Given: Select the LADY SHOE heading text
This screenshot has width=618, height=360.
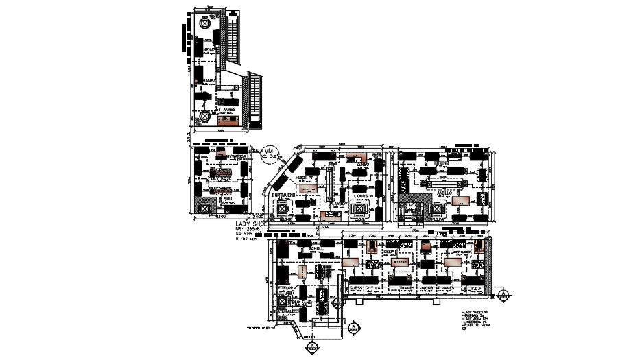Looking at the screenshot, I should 250,225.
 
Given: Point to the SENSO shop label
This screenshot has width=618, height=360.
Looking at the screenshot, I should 362,165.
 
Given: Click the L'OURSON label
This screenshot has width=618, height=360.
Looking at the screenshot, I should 361,196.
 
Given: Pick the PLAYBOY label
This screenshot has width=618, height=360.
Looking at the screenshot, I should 339,204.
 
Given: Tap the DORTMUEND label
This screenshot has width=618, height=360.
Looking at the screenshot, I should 283,195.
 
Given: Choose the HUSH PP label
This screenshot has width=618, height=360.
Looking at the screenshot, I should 305,178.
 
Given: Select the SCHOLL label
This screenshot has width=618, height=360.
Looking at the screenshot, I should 316,249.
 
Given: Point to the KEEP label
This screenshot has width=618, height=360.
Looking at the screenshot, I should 388,252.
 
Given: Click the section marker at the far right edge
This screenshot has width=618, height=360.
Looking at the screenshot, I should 504,296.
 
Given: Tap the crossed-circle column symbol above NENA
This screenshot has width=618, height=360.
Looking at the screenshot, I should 204,23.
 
